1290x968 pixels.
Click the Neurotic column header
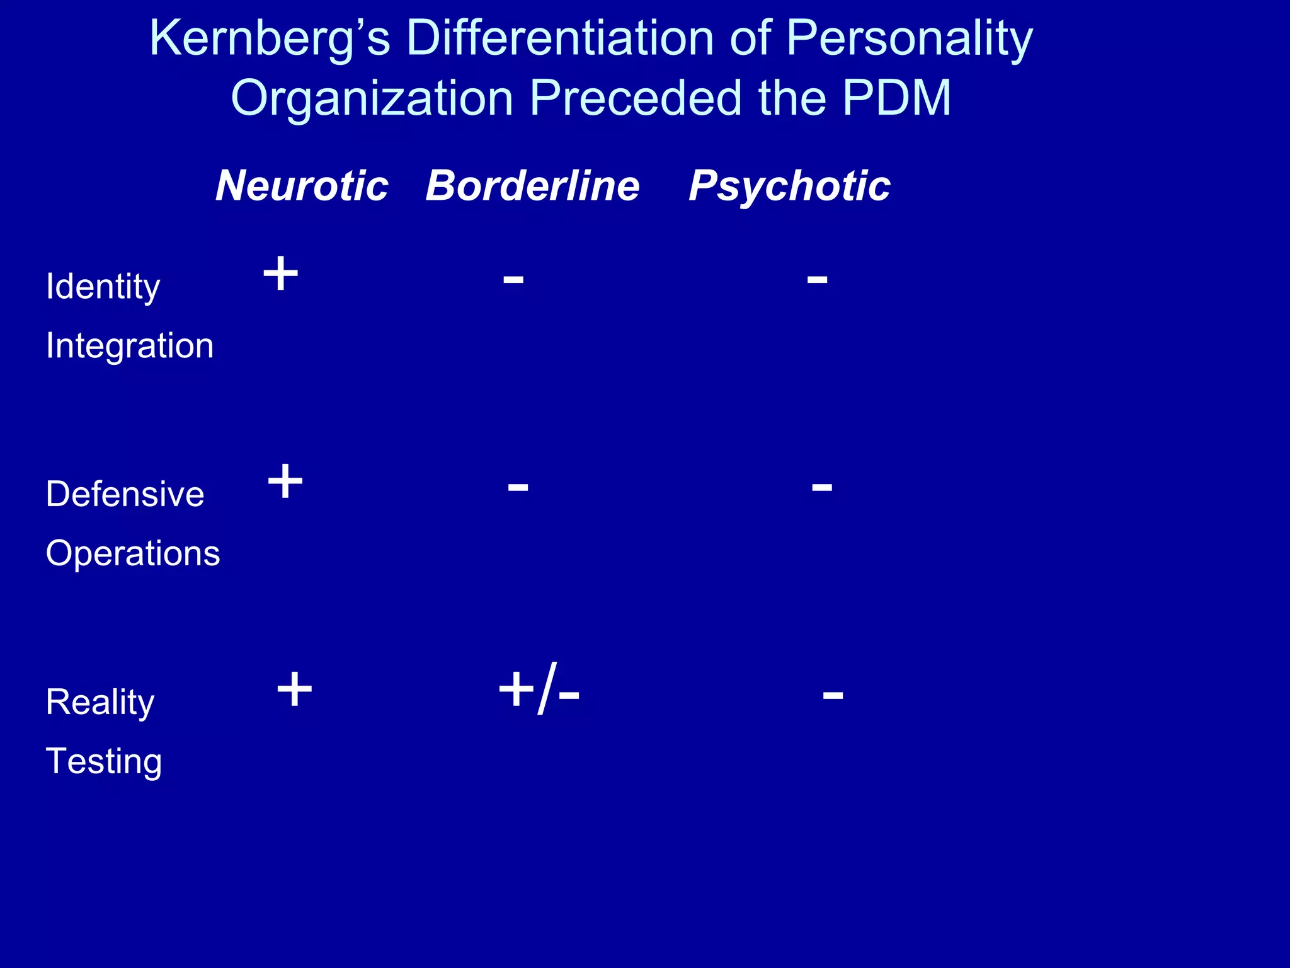tap(302, 186)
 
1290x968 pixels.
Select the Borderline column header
tap(532, 186)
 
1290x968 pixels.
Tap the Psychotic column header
tap(789, 186)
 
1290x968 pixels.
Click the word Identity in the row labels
tap(103, 287)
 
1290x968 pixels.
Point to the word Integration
tap(130, 346)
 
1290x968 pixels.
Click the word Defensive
tap(125, 493)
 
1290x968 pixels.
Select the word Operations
tap(133, 553)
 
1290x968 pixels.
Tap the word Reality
tap(100, 702)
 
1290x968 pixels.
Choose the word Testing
tap(104, 761)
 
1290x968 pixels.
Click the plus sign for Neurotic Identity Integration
tap(280, 274)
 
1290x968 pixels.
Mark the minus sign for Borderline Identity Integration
tap(513, 280)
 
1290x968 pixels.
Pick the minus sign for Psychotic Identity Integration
tap(817, 280)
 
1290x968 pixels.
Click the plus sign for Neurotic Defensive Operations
tap(285, 481)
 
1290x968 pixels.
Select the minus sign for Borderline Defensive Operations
tap(518, 487)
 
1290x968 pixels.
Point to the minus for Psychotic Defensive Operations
tap(822, 487)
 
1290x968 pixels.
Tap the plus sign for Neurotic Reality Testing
tap(294, 689)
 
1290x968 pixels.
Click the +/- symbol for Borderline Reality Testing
tap(539, 689)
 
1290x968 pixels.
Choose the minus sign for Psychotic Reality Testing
tap(833, 695)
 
